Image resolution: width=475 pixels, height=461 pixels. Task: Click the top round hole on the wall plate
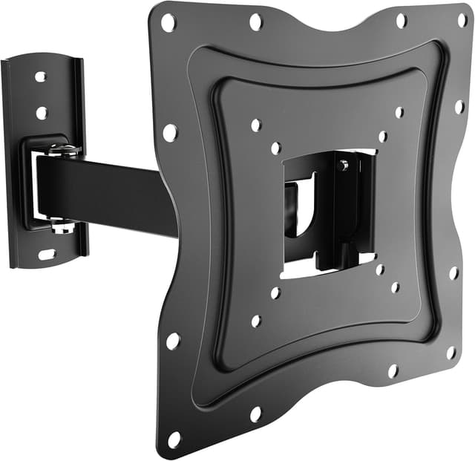40,76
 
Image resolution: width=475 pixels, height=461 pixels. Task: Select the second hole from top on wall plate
42,113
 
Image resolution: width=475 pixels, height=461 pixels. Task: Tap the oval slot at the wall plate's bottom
47,254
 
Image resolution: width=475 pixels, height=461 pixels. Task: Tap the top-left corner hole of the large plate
168,22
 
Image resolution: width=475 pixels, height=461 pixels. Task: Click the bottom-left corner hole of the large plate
175,438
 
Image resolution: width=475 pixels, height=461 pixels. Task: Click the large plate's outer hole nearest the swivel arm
170,133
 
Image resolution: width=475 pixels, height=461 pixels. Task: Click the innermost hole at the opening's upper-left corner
276,148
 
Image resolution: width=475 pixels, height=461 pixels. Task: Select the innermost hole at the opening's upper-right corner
383,137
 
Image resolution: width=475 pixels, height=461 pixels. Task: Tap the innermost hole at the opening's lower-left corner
276,292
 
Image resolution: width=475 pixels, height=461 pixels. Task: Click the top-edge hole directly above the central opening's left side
256,22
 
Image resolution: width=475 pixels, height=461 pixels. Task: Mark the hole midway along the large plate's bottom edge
256,413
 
